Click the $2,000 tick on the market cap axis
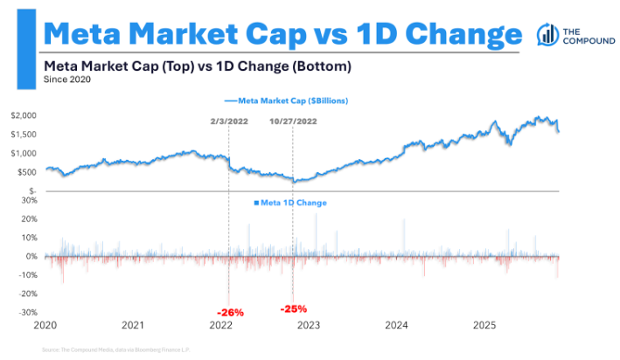24,115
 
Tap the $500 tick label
27,171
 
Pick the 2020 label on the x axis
45,325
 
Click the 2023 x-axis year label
309,325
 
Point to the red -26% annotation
230,312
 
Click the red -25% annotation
294,308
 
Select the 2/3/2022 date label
228,121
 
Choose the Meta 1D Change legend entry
291,203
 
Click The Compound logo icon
547,35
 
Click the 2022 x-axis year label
221,325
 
